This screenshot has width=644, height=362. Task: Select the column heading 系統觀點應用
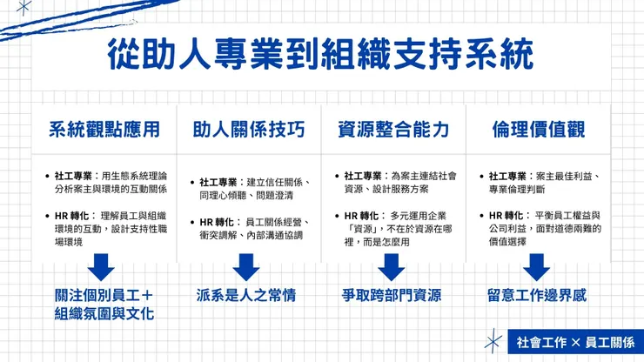(x=104, y=131)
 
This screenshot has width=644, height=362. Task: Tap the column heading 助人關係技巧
(x=249, y=131)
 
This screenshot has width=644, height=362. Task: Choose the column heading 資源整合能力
(x=393, y=131)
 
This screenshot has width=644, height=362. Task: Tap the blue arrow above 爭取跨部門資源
(x=392, y=265)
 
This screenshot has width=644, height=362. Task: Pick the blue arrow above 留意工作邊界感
(x=536, y=265)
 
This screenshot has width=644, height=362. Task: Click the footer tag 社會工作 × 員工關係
(x=574, y=342)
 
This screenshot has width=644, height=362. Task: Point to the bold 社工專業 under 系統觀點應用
(x=74, y=175)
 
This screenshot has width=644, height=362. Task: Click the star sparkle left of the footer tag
(x=493, y=341)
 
